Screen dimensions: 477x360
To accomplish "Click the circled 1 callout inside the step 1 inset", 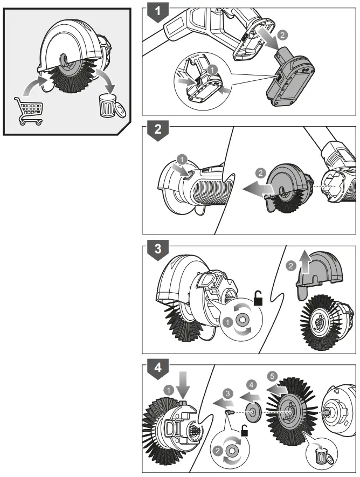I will pyautogui.click(x=213, y=70).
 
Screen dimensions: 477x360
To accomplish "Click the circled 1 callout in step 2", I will pyautogui.click(x=182, y=160).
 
